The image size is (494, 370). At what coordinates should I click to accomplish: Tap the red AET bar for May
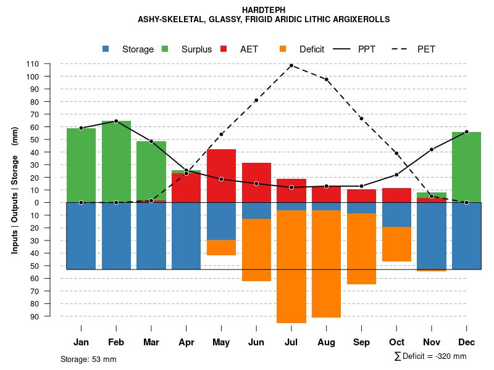(x=221, y=176)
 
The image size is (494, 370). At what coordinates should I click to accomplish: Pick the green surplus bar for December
(x=466, y=167)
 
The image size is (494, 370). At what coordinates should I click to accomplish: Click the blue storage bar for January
(x=81, y=236)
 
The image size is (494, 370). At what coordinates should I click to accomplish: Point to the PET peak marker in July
(x=291, y=65)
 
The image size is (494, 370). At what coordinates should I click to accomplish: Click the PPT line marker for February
(x=116, y=121)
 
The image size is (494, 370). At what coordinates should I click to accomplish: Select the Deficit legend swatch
(x=283, y=49)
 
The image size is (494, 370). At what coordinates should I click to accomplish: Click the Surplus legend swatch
(x=165, y=49)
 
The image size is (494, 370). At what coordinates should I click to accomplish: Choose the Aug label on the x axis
(x=326, y=342)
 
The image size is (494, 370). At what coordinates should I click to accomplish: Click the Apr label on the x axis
(x=186, y=342)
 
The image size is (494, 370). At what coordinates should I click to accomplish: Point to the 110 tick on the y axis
(x=33, y=64)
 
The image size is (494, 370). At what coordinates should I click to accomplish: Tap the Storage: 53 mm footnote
(x=88, y=359)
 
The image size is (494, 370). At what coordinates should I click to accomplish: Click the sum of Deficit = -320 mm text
(x=430, y=356)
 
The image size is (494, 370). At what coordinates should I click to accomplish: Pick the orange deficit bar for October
(x=396, y=244)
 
